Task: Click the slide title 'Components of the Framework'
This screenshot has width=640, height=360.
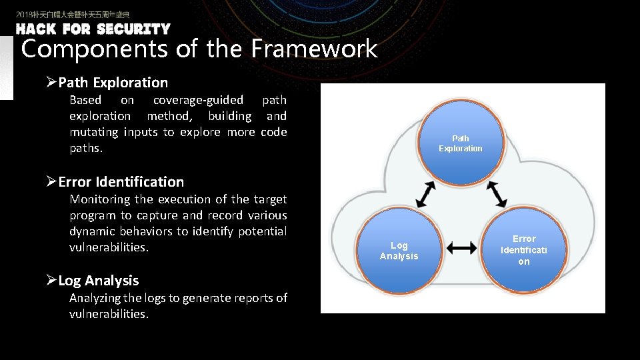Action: pyautogui.click(x=199, y=49)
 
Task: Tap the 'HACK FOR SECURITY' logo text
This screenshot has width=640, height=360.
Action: pyautogui.click(x=93, y=29)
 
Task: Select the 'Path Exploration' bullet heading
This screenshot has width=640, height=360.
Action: pyautogui.click(x=113, y=83)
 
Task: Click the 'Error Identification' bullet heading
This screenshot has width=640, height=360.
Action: pyautogui.click(x=121, y=182)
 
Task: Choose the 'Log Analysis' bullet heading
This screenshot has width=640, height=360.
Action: pyautogui.click(x=98, y=281)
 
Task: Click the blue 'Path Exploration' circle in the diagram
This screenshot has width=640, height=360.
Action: pyautogui.click(x=460, y=143)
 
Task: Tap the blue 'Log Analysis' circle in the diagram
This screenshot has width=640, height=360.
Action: pyautogui.click(x=399, y=251)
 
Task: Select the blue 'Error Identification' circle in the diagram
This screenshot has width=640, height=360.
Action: pyautogui.click(x=523, y=250)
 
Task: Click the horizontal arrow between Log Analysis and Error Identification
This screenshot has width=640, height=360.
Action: pyautogui.click(x=461, y=248)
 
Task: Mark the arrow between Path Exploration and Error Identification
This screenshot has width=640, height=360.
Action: pyautogui.click(x=496, y=194)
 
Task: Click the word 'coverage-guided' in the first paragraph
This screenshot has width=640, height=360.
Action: pyautogui.click(x=198, y=100)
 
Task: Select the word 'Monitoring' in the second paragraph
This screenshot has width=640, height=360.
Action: pyautogui.click(x=100, y=199)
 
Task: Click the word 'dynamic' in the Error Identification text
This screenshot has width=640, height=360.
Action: pyautogui.click(x=92, y=231)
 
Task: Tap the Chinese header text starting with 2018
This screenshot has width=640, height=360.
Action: pyautogui.click(x=73, y=14)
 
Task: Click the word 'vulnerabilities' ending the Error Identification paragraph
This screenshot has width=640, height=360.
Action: pyautogui.click(x=108, y=247)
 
